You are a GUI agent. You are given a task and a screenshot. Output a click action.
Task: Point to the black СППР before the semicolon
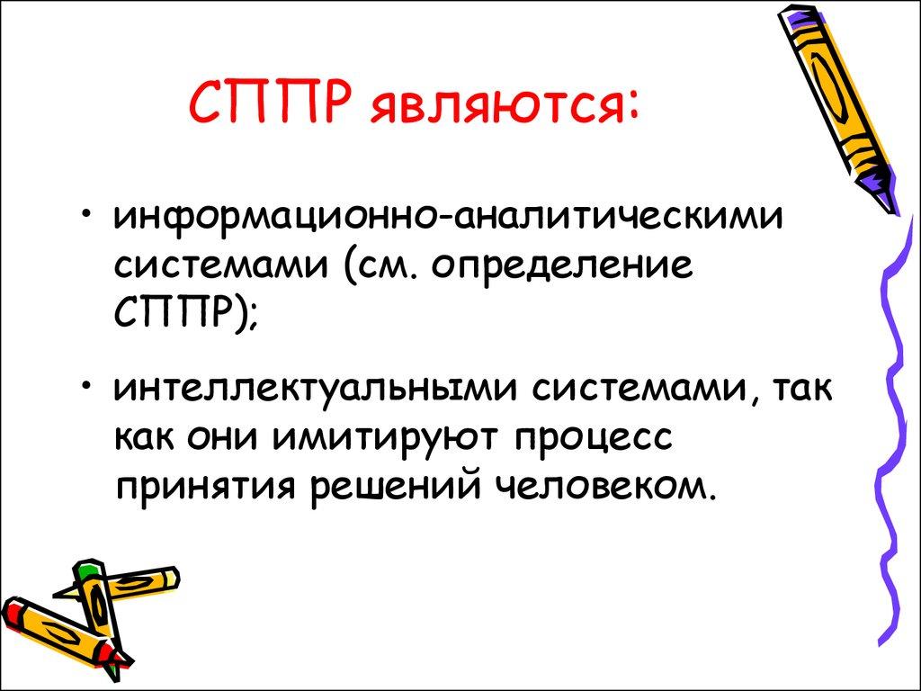[x=174, y=315]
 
